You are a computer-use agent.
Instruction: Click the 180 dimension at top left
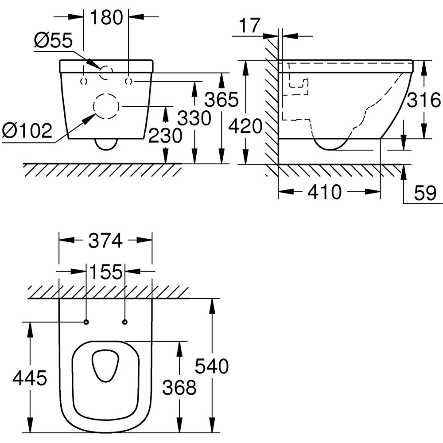[106, 17]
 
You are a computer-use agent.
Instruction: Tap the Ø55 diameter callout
[53, 41]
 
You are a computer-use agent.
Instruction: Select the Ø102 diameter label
[27, 131]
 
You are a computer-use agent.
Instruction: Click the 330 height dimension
[194, 118]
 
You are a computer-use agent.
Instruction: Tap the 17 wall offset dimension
[250, 25]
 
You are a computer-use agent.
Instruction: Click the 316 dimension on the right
[424, 101]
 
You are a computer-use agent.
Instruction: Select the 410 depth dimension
[325, 192]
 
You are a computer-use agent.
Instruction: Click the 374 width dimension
[105, 241]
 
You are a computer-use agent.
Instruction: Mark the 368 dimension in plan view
[179, 388]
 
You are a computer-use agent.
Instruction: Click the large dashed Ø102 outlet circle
[106, 106]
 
